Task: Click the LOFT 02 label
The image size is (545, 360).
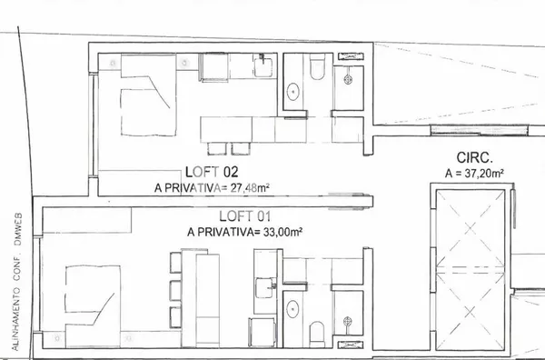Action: click(x=211, y=171)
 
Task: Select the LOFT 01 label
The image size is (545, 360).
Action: click(x=245, y=216)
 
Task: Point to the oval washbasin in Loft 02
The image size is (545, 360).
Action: click(x=294, y=91)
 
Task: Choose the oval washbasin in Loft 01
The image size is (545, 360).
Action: click(x=294, y=308)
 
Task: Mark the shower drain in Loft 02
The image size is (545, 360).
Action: click(x=347, y=80)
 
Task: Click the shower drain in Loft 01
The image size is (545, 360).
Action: click(x=347, y=320)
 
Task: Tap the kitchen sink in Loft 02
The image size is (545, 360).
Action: click(x=262, y=67)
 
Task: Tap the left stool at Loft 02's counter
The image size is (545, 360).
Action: click(x=217, y=148)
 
